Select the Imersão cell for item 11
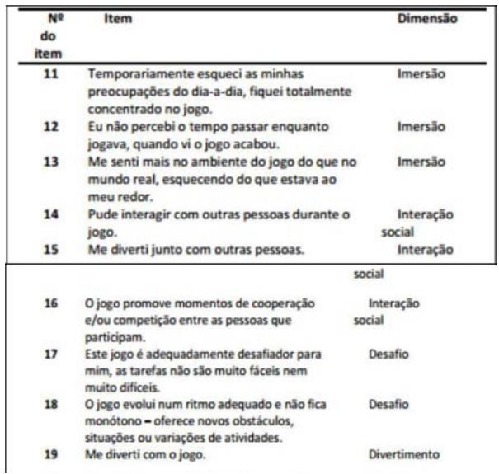421,74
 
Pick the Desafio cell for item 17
388,355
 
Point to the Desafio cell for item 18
388,405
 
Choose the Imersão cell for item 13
421,162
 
